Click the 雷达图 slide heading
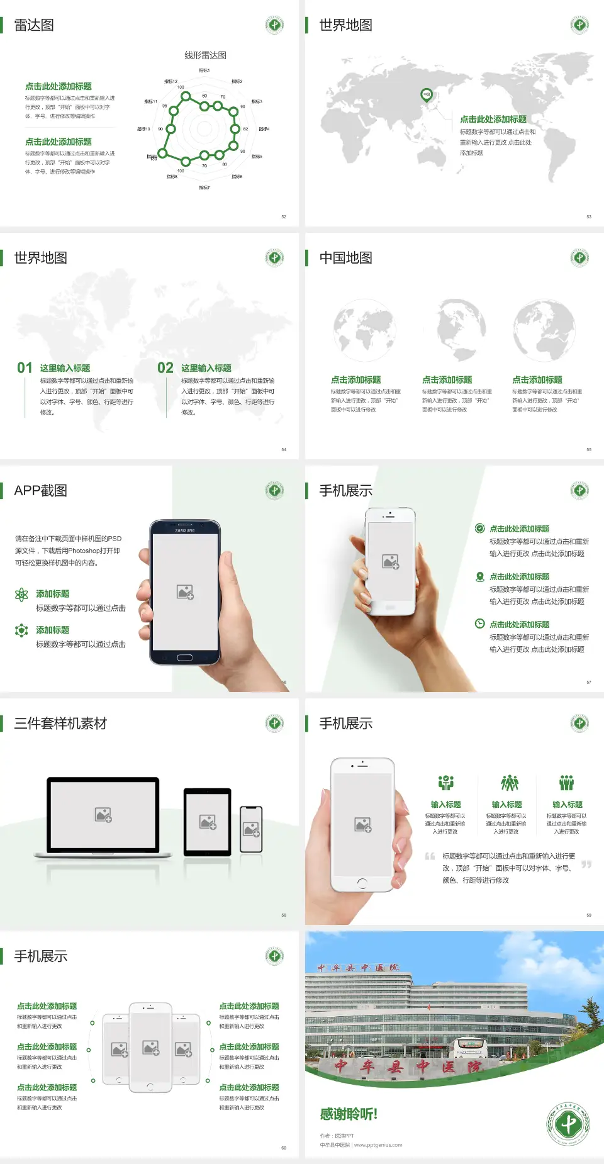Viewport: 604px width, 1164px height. [34, 25]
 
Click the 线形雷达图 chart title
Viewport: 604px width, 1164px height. [205, 55]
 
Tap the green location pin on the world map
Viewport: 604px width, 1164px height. [426, 95]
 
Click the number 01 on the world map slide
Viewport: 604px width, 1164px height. [25, 368]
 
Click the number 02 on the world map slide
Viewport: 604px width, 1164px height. [165, 368]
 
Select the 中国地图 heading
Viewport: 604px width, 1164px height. [345, 258]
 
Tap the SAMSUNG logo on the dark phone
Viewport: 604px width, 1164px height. [185, 530]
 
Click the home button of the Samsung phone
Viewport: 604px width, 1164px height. [184, 658]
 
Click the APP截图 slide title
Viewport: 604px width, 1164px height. [40, 491]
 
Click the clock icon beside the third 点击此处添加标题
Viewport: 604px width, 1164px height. [479, 624]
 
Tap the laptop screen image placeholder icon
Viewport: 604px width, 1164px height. [103, 815]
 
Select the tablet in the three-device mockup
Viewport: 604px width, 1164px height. [207, 821]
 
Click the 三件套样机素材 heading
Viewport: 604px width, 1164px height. [60, 724]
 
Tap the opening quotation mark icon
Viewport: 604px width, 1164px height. [430, 856]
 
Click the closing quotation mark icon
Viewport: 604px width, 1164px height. [586, 865]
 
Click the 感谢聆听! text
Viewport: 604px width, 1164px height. [349, 1114]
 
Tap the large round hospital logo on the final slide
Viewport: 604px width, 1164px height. [568, 1124]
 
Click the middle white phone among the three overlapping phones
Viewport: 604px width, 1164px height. [150, 1048]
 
